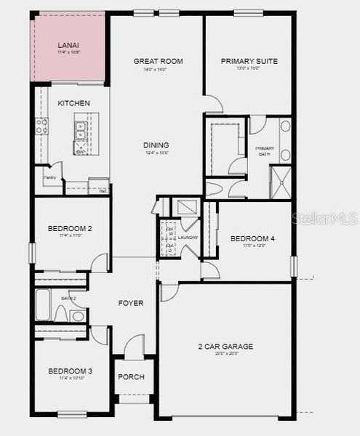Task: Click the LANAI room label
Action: [x=68, y=45]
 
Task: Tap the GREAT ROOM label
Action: [x=158, y=61]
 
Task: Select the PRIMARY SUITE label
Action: [x=249, y=61]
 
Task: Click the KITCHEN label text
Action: [x=74, y=103]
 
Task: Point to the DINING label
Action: [x=156, y=145]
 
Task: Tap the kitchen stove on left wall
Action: [x=41, y=127]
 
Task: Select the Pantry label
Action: [x=49, y=177]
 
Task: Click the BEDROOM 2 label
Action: [x=70, y=228]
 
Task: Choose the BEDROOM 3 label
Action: [x=71, y=371]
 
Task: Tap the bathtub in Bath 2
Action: [x=44, y=306]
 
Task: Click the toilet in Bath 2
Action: [x=77, y=315]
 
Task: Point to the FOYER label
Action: [x=131, y=303]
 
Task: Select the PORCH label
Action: [x=132, y=376]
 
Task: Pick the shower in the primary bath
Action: [x=281, y=182]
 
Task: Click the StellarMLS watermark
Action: [x=324, y=218]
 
